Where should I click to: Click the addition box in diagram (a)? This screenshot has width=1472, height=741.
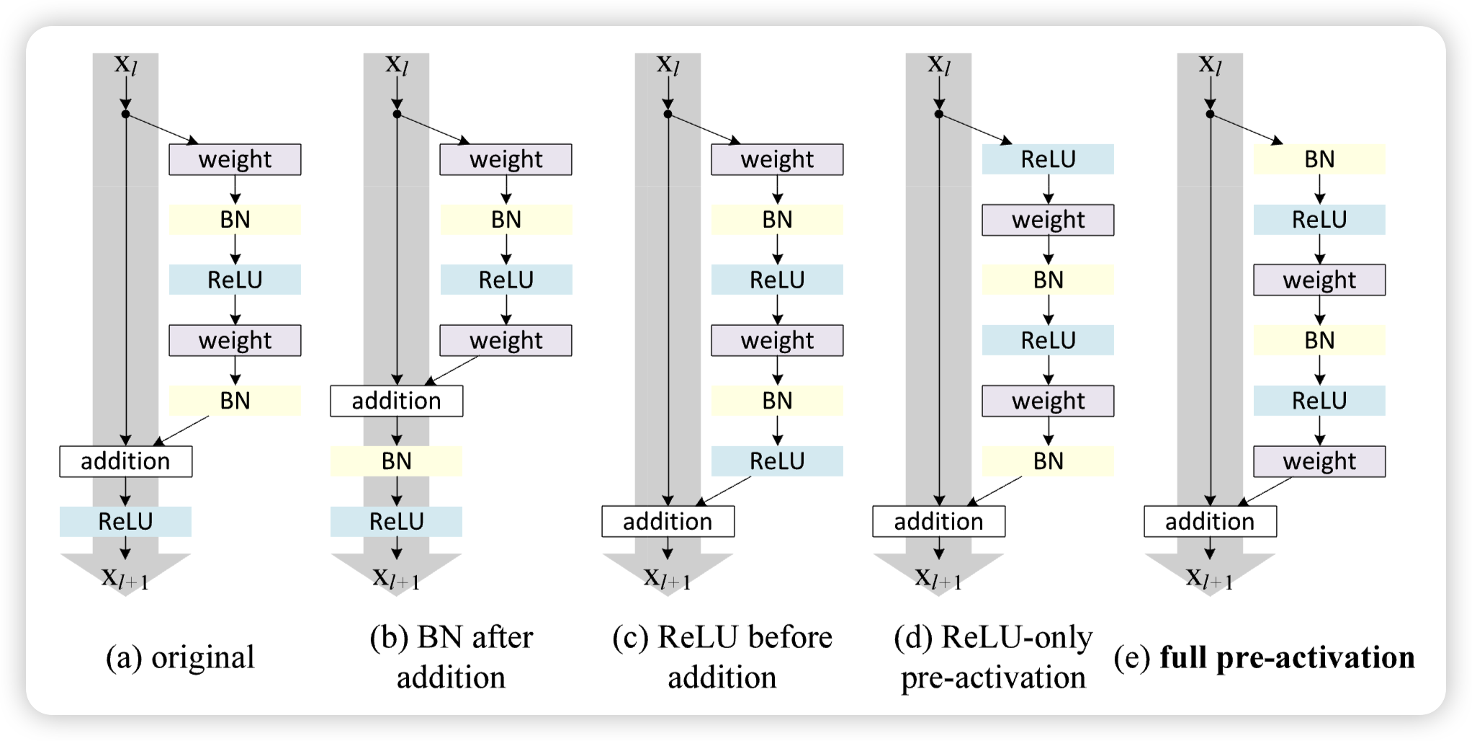coord(125,461)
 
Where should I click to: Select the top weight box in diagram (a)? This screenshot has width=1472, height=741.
coord(235,159)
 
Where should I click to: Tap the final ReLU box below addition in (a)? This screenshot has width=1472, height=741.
coord(125,521)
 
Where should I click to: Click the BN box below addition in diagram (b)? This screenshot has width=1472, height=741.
coord(396,461)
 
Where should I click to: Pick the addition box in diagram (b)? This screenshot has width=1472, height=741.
coord(396,401)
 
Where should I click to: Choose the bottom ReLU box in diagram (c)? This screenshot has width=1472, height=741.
coord(777,461)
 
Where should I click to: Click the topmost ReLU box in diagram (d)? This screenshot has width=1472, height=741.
coord(1048,159)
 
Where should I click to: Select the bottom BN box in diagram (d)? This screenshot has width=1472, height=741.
coord(1048,461)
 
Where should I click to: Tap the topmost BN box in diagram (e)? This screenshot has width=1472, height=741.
coord(1319,159)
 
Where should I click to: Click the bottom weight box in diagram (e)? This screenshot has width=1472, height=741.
coord(1319,461)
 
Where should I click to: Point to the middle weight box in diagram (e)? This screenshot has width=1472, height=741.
coord(1319,280)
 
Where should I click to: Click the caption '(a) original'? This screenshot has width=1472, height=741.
coord(180,657)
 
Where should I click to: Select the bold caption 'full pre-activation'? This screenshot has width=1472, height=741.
coord(1287,657)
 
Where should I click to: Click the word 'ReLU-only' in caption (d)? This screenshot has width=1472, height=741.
coord(1016,637)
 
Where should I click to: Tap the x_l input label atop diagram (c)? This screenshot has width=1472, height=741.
coord(668,65)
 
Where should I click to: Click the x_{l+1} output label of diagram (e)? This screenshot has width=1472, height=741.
coord(1210,577)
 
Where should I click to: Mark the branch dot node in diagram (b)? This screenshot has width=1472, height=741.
coord(397,114)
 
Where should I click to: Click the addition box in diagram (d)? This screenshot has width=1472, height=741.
coord(938,521)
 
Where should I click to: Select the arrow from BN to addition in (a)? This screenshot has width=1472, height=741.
coord(182,430)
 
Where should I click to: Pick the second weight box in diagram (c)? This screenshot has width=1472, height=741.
coord(777,340)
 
